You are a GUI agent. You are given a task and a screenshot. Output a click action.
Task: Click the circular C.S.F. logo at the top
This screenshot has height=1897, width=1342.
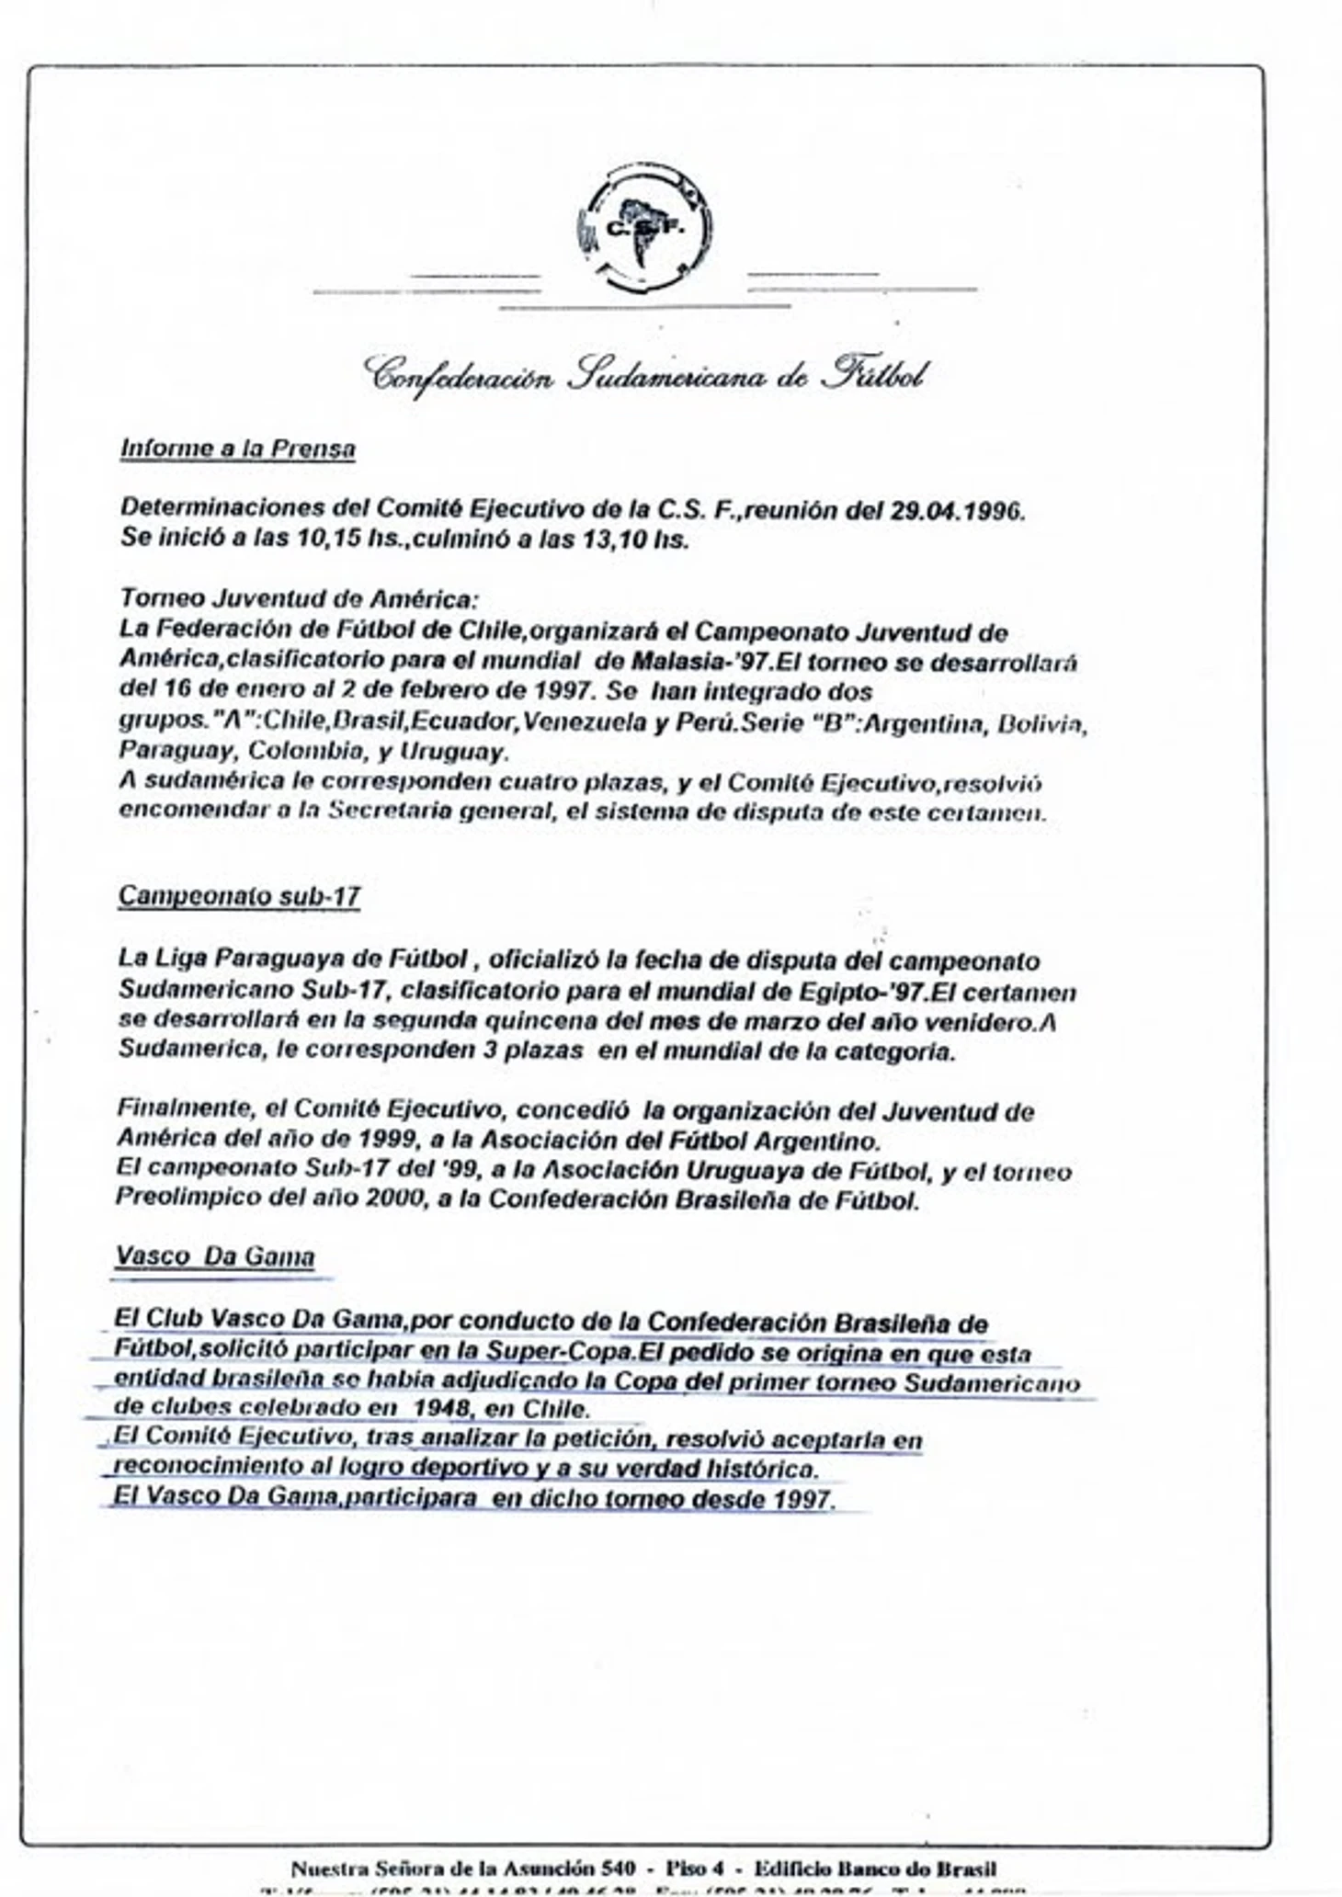(644, 228)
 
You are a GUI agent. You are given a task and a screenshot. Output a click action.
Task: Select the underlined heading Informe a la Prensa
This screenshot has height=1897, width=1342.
(237, 449)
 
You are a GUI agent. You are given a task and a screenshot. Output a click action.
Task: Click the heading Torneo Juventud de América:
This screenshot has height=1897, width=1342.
(299, 599)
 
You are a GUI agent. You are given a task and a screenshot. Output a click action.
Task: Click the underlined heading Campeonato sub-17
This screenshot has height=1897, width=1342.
(239, 896)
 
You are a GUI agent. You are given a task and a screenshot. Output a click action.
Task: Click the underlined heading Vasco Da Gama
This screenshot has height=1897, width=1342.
(215, 1256)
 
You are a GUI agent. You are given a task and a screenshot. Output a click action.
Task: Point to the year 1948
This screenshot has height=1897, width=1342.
(443, 1408)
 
